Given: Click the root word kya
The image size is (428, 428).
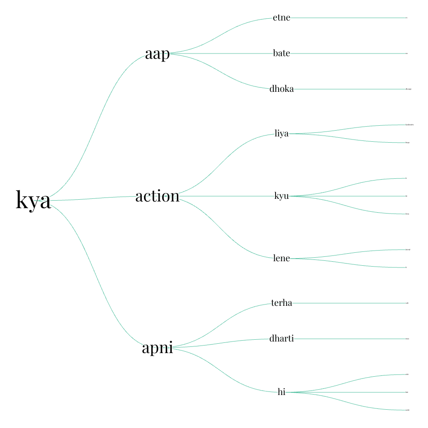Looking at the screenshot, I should [33, 201].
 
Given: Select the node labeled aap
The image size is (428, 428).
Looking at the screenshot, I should [157, 54].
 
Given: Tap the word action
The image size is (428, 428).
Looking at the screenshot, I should [157, 196].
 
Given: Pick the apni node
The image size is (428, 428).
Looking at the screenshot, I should [157, 348].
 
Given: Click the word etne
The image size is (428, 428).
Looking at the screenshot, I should [281, 18].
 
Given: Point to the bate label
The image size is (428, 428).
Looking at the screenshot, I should [281, 53].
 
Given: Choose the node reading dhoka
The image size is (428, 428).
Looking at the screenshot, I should [281, 89].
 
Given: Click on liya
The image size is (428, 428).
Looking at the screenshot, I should [281, 134].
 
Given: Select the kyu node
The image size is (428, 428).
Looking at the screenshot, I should [281, 196].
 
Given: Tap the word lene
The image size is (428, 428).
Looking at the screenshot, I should [281, 259].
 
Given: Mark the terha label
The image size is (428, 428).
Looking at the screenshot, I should [281, 303].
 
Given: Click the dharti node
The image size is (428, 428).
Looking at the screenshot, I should [281, 339].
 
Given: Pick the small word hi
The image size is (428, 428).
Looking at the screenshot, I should [281, 392].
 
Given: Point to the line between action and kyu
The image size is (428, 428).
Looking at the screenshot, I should [227, 196].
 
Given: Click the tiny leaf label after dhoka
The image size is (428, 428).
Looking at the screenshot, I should [408, 89].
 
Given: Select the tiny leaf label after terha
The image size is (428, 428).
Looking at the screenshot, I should [407, 303].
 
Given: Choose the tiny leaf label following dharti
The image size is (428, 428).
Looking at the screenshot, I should [407, 339].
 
